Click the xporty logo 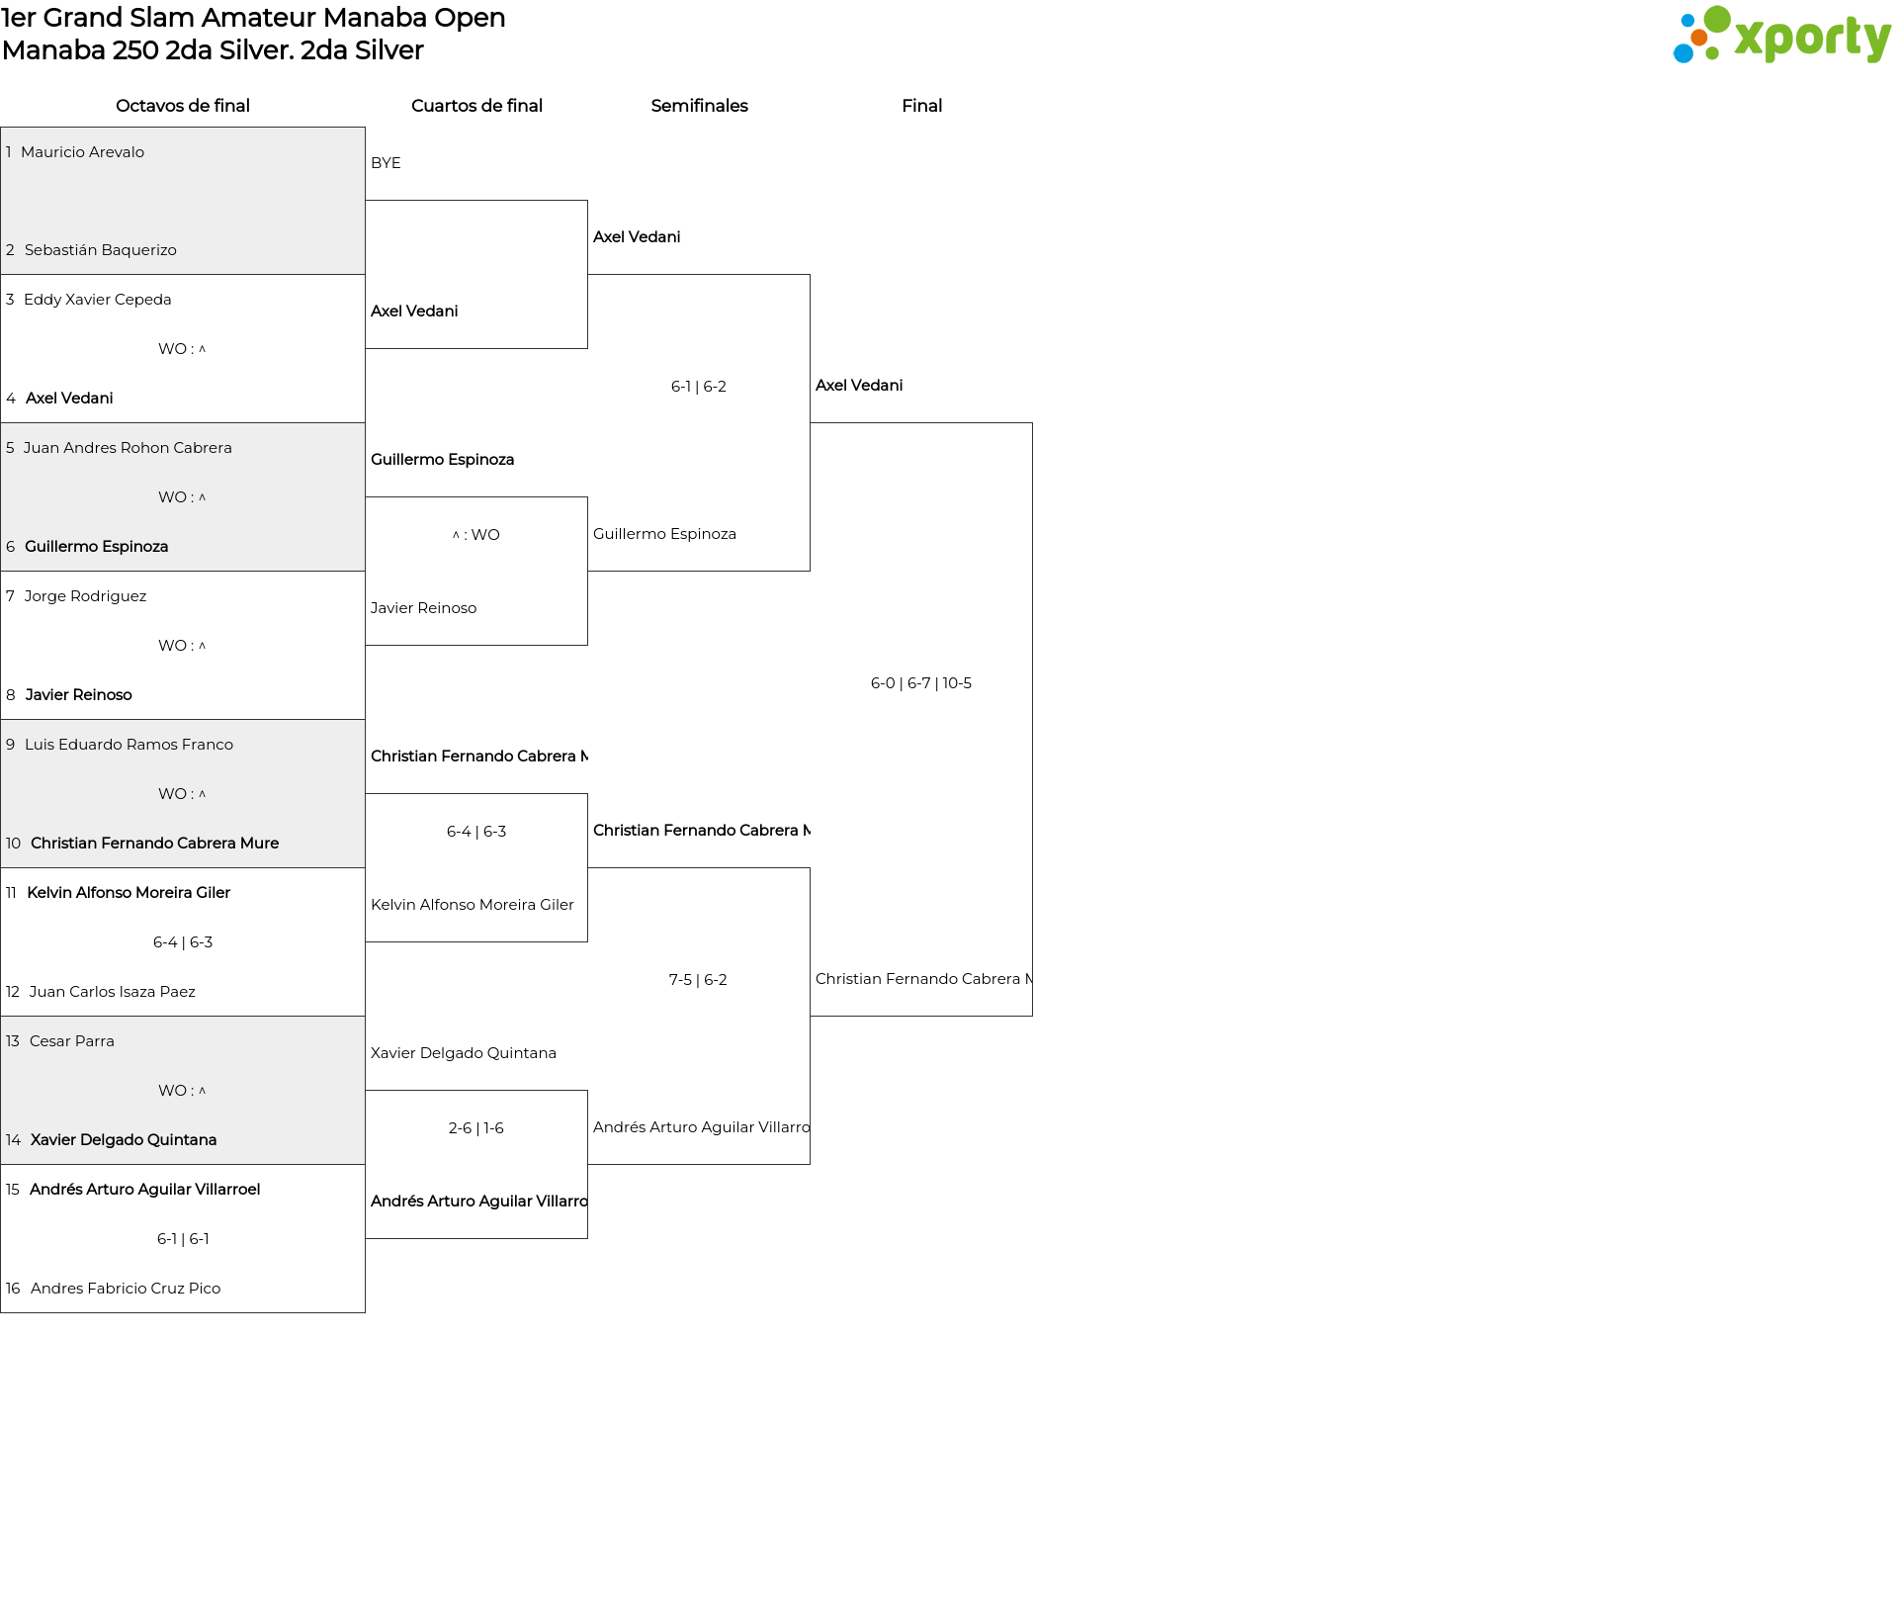[x=1781, y=36]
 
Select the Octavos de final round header [x=183, y=106]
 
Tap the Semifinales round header [x=699, y=106]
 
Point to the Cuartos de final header [x=476, y=106]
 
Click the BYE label [x=386, y=163]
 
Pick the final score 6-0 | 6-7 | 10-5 [x=921, y=683]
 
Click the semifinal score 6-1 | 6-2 [x=699, y=387]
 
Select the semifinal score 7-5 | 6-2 [x=698, y=980]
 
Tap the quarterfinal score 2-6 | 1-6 [x=476, y=1128]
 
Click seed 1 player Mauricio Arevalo [x=82, y=152]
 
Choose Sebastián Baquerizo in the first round [x=101, y=250]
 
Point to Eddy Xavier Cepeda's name [x=98, y=300]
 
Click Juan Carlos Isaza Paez [x=113, y=992]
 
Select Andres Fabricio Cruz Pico [x=126, y=1289]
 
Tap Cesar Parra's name [x=72, y=1041]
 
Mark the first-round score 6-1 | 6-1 [x=183, y=1239]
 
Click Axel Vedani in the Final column [x=859, y=386]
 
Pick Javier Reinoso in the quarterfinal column [x=423, y=608]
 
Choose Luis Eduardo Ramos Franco [x=129, y=745]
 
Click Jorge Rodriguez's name [x=85, y=596]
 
